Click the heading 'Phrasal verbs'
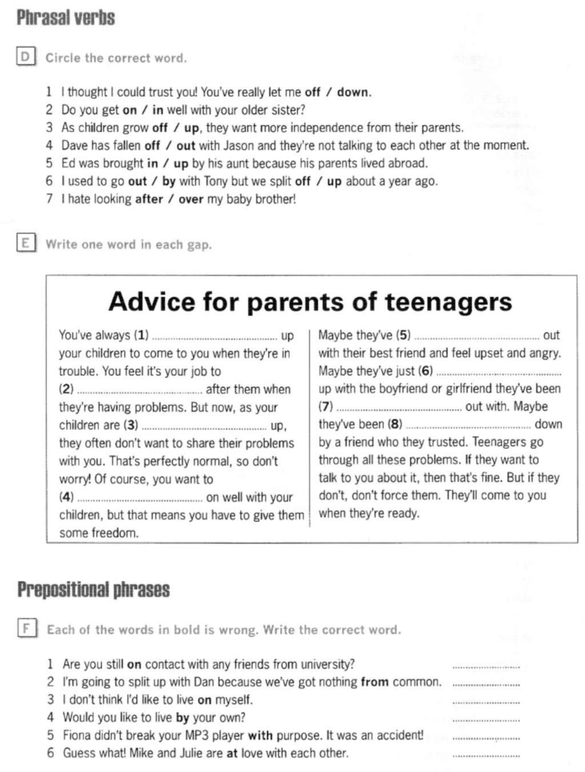point(66,18)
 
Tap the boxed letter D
point(25,57)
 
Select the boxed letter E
point(25,243)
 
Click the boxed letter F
point(26,629)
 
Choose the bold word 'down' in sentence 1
point(354,92)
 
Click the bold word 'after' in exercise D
point(149,199)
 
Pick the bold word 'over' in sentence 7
point(191,199)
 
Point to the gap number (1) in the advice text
point(141,335)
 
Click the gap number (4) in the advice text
point(66,497)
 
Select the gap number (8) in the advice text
point(395,424)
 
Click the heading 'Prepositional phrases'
point(93,589)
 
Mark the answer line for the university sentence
point(486,666)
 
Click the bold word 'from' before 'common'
point(375,682)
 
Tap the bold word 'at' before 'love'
point(232,753)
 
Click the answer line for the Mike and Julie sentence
point(486,755)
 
